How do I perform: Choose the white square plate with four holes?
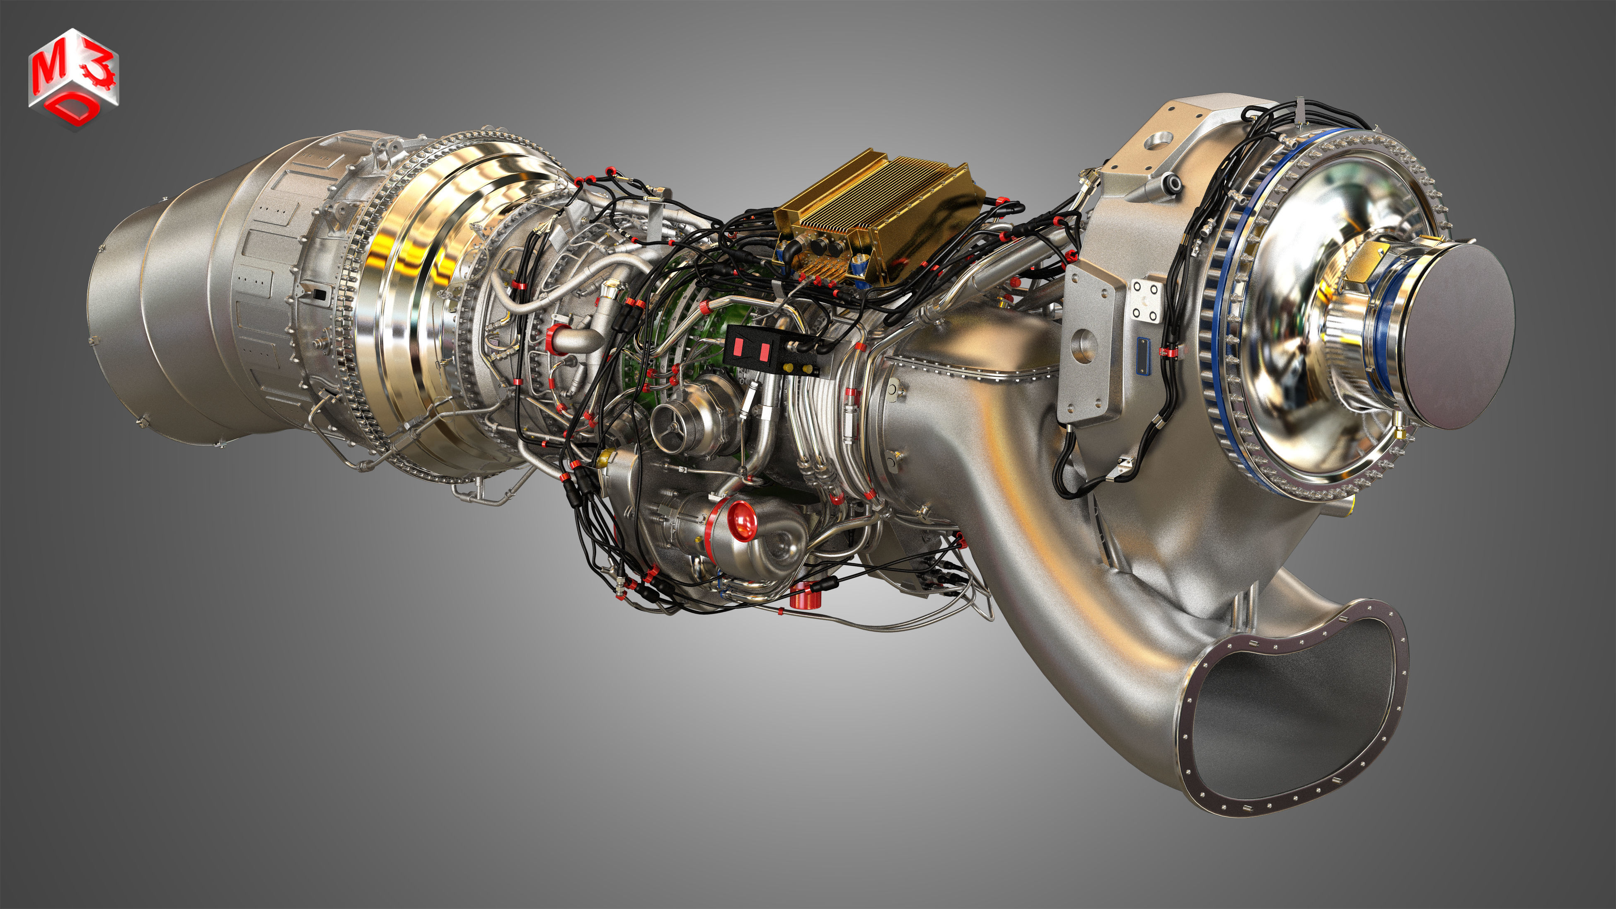click(x=1149, y=300)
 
